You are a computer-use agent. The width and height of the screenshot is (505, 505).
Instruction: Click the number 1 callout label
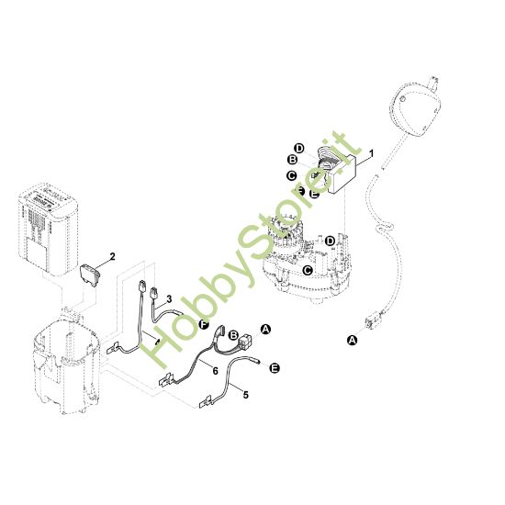click(372, 153)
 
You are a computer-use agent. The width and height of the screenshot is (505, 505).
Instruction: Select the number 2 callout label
click(112, 258)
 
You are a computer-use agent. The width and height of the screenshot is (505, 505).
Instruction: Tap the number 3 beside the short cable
click(169, 298)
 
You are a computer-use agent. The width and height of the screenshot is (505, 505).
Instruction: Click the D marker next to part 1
click(298, 148)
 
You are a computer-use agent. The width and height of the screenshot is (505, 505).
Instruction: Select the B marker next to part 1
click(291, 161)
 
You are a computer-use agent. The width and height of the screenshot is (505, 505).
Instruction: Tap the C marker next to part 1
click(290, 174)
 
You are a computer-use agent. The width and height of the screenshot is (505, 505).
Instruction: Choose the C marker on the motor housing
click(309, 270)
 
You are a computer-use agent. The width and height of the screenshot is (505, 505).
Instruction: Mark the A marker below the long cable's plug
click(352, 339)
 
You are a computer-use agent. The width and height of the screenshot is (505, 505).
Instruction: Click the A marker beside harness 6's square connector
click(266, 329)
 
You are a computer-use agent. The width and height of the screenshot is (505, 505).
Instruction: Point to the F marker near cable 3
click(204, 325)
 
